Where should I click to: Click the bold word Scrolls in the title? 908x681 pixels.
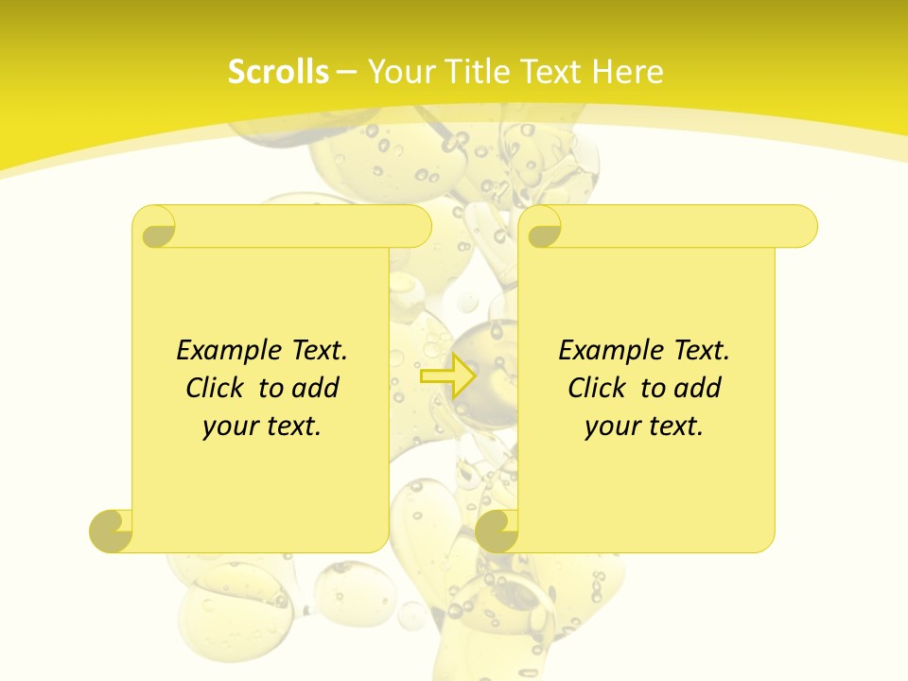coord(278,72)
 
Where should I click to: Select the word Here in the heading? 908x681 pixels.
coord(628,72)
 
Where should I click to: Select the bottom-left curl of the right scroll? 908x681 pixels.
coord(498,530)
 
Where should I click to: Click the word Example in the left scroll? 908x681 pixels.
coord(224,351)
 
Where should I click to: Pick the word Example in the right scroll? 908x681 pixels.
coord(606,351)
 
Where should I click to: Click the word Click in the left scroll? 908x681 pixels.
coord(216,388)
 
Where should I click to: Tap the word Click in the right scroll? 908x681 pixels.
coord(597,388)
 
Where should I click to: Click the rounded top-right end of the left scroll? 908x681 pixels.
coord(417,227)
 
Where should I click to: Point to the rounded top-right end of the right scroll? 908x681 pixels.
coord(803,227)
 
